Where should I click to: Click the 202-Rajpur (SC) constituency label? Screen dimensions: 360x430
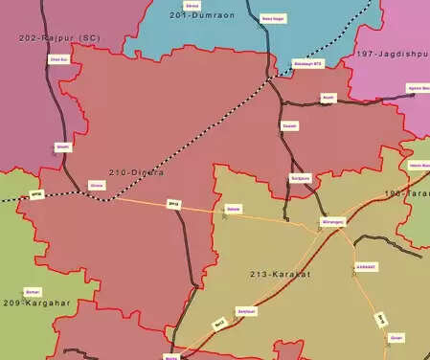pyautogui.click(x=59, y=37)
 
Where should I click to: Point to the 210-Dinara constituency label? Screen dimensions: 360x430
pyautogui.click(x=136, y=172)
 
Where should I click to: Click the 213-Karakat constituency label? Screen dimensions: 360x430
pyautogui.click(x=280, y=275)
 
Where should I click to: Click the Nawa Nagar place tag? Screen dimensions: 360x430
pyautogui.click(x=273, y=18)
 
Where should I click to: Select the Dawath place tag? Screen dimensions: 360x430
pyautogui.click(x=289, y=125)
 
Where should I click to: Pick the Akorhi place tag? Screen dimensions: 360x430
pyautogui.click(x=328, y=98)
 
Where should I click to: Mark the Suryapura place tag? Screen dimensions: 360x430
pyautogui.click(x=300, y=178)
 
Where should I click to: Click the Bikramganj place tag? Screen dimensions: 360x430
pyautogui.click(x=331, y=222)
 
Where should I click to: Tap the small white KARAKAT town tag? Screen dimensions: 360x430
pyautogui.click(x=366, y=267)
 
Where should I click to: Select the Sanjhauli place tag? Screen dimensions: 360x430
pyautogui.click(x=247, y=312)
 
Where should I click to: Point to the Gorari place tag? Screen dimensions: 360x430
pyautogui.click(x=396, y=337)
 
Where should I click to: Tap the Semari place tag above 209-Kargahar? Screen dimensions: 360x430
pyautogui.click(x=33, y=291)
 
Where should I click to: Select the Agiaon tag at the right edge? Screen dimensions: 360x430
pyautogui.click(x=419, y=88)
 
